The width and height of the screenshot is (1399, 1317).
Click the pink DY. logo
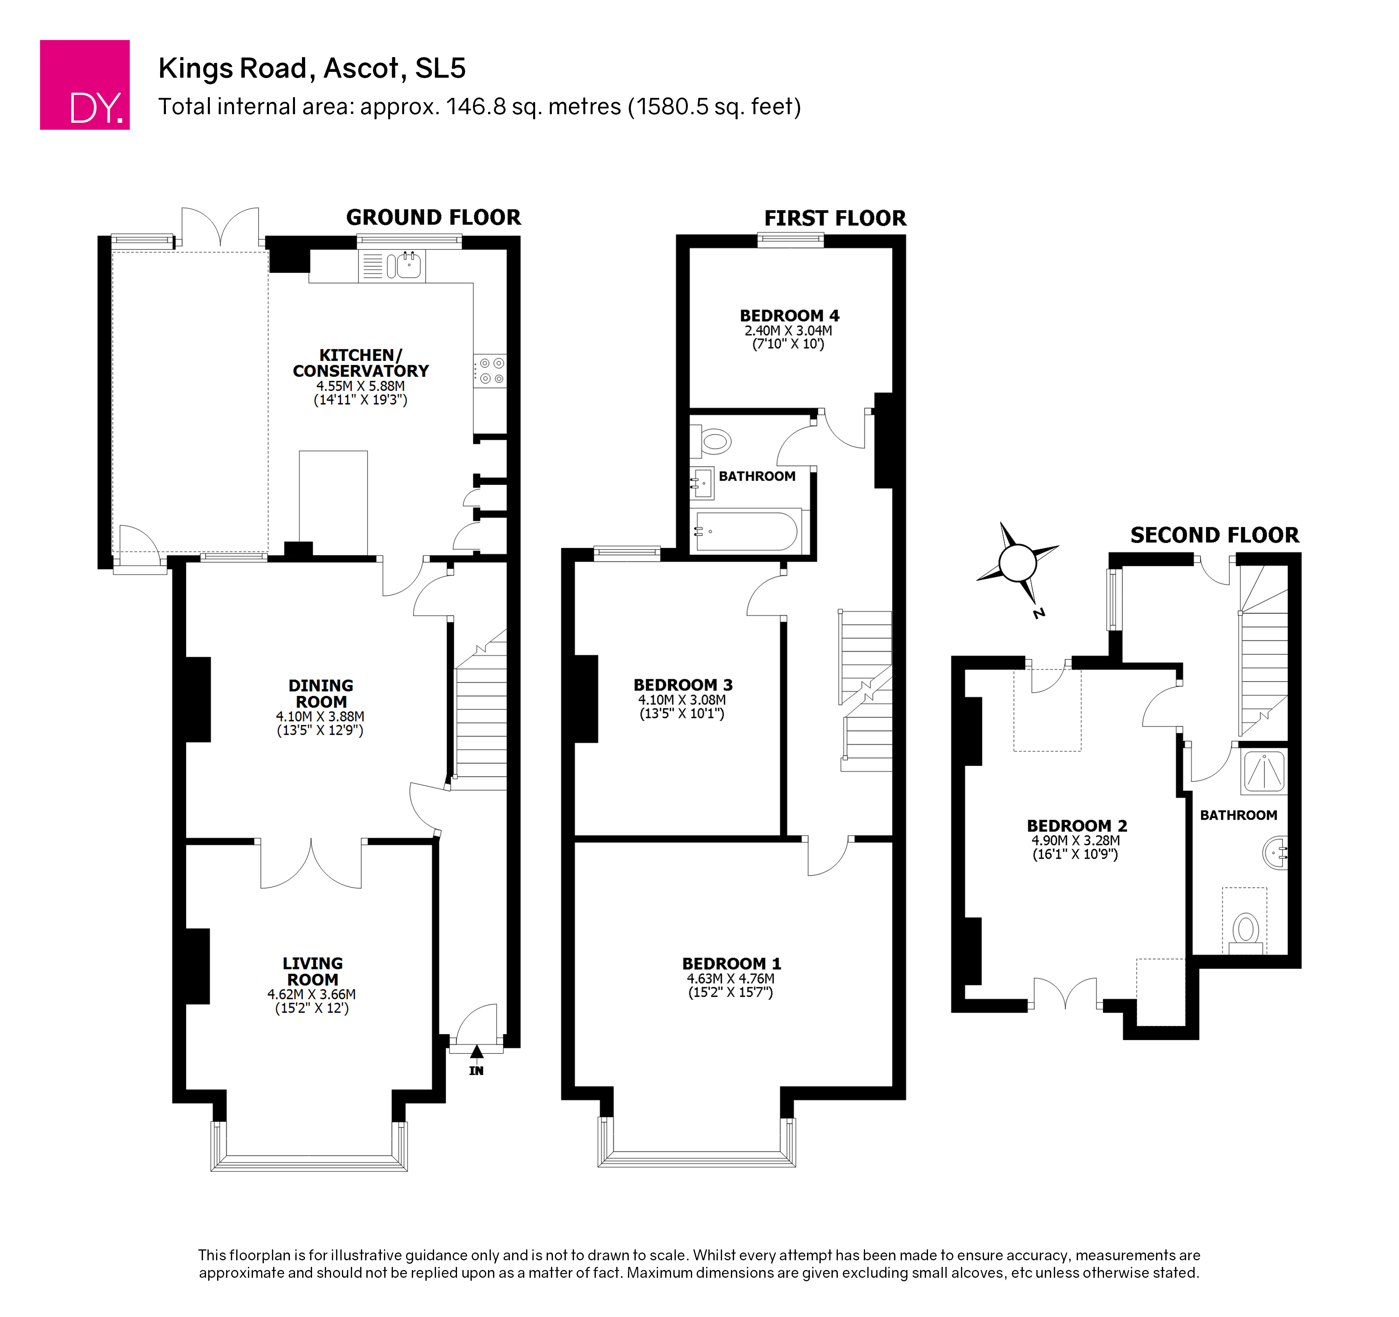(x=84, y=84)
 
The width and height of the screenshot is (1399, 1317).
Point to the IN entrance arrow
(x=476, y=1052)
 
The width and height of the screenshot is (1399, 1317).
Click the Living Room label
(x=312, y=972)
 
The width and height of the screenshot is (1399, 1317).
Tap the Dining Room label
(x=321, y=694)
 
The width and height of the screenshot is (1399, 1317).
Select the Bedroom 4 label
(x=790, y=316)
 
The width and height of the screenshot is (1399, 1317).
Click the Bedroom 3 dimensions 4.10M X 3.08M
(x=682, y=700)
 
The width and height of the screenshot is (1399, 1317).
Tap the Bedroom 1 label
(x=732, y=964)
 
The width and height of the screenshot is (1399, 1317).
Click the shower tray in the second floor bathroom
(x=1265, y=771)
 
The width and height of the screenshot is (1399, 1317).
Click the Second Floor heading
(x=1215, y=535)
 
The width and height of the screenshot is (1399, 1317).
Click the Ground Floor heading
(x=433, y=218)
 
